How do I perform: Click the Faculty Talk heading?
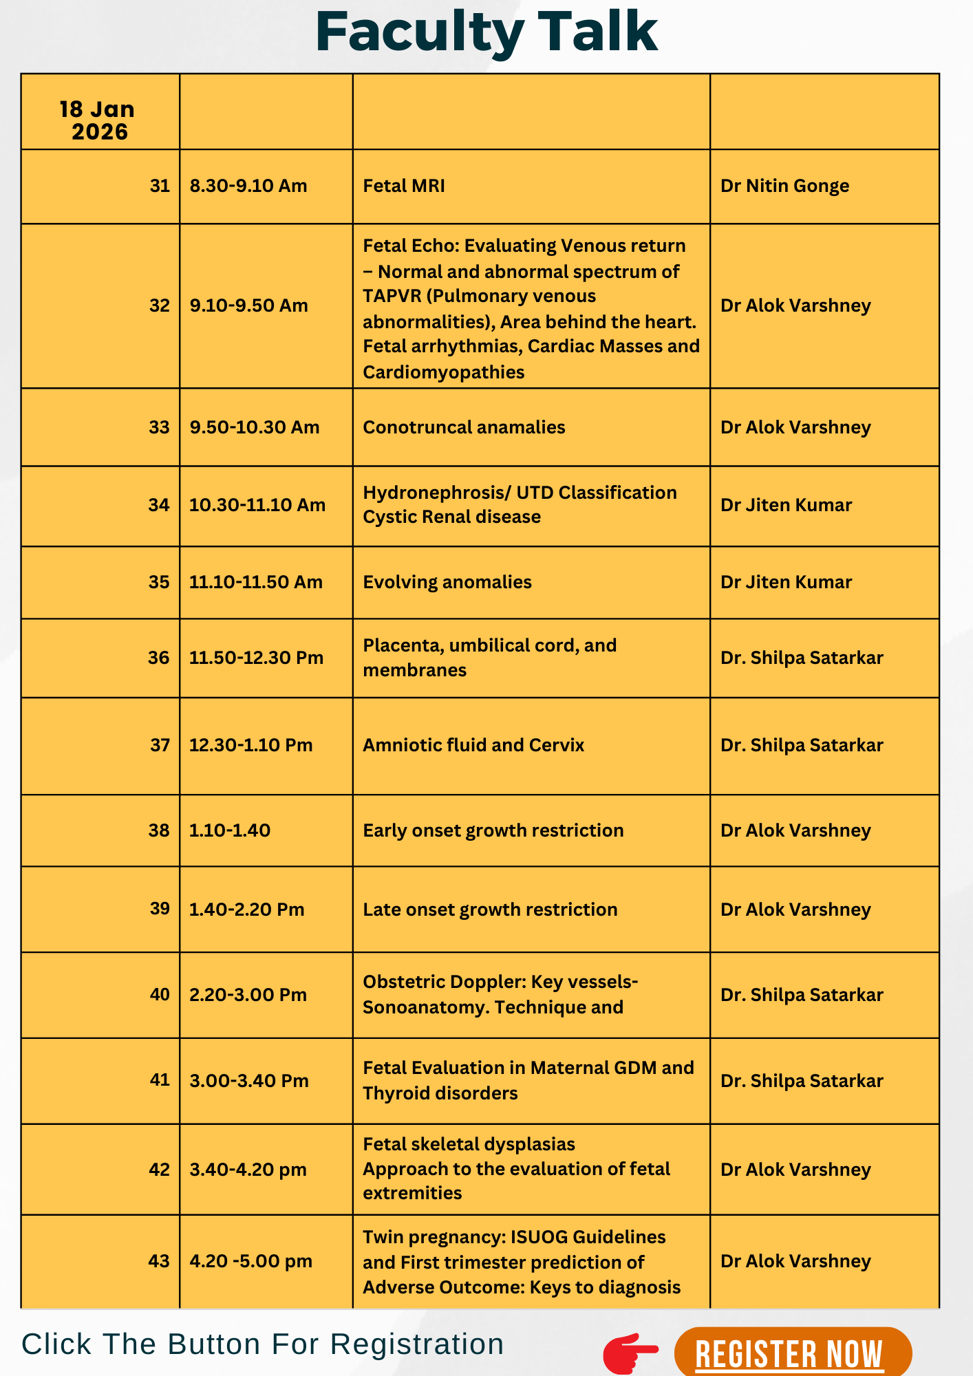[x=486, y=32]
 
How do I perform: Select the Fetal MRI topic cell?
[x=404, y=186]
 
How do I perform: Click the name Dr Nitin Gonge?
[x=784, y=186]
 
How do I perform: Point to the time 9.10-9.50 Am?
[x=248, y=305]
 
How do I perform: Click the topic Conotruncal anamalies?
[x=464, y=427]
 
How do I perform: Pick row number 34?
[x=159, y=505]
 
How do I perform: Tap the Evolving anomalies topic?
[x=447, y=582]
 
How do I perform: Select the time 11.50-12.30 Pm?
[x=256, y=658]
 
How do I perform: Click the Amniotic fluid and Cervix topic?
[x=473, y=745]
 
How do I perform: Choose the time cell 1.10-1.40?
[x=230, y=830]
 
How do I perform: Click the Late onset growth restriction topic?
[x=490, y=910]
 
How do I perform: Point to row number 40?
[x=160, y=994]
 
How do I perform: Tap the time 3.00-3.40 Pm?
[x=249, y=1080]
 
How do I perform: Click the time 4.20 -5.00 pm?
[x=250, y=1261]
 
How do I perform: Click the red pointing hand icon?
[x=630, y=1353]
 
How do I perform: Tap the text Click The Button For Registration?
[x=263, y=1344]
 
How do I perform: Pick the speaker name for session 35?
[x=786, y=582]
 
